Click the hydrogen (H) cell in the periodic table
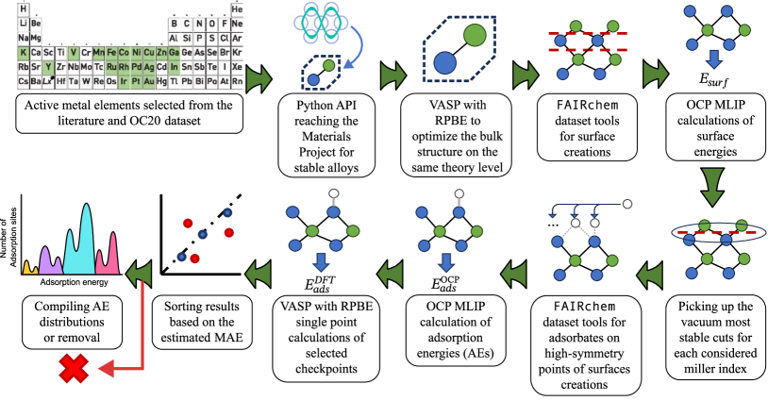(23, 8)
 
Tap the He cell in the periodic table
(236, 8)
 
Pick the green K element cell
(23, 53)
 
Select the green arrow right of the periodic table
(259, 75)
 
